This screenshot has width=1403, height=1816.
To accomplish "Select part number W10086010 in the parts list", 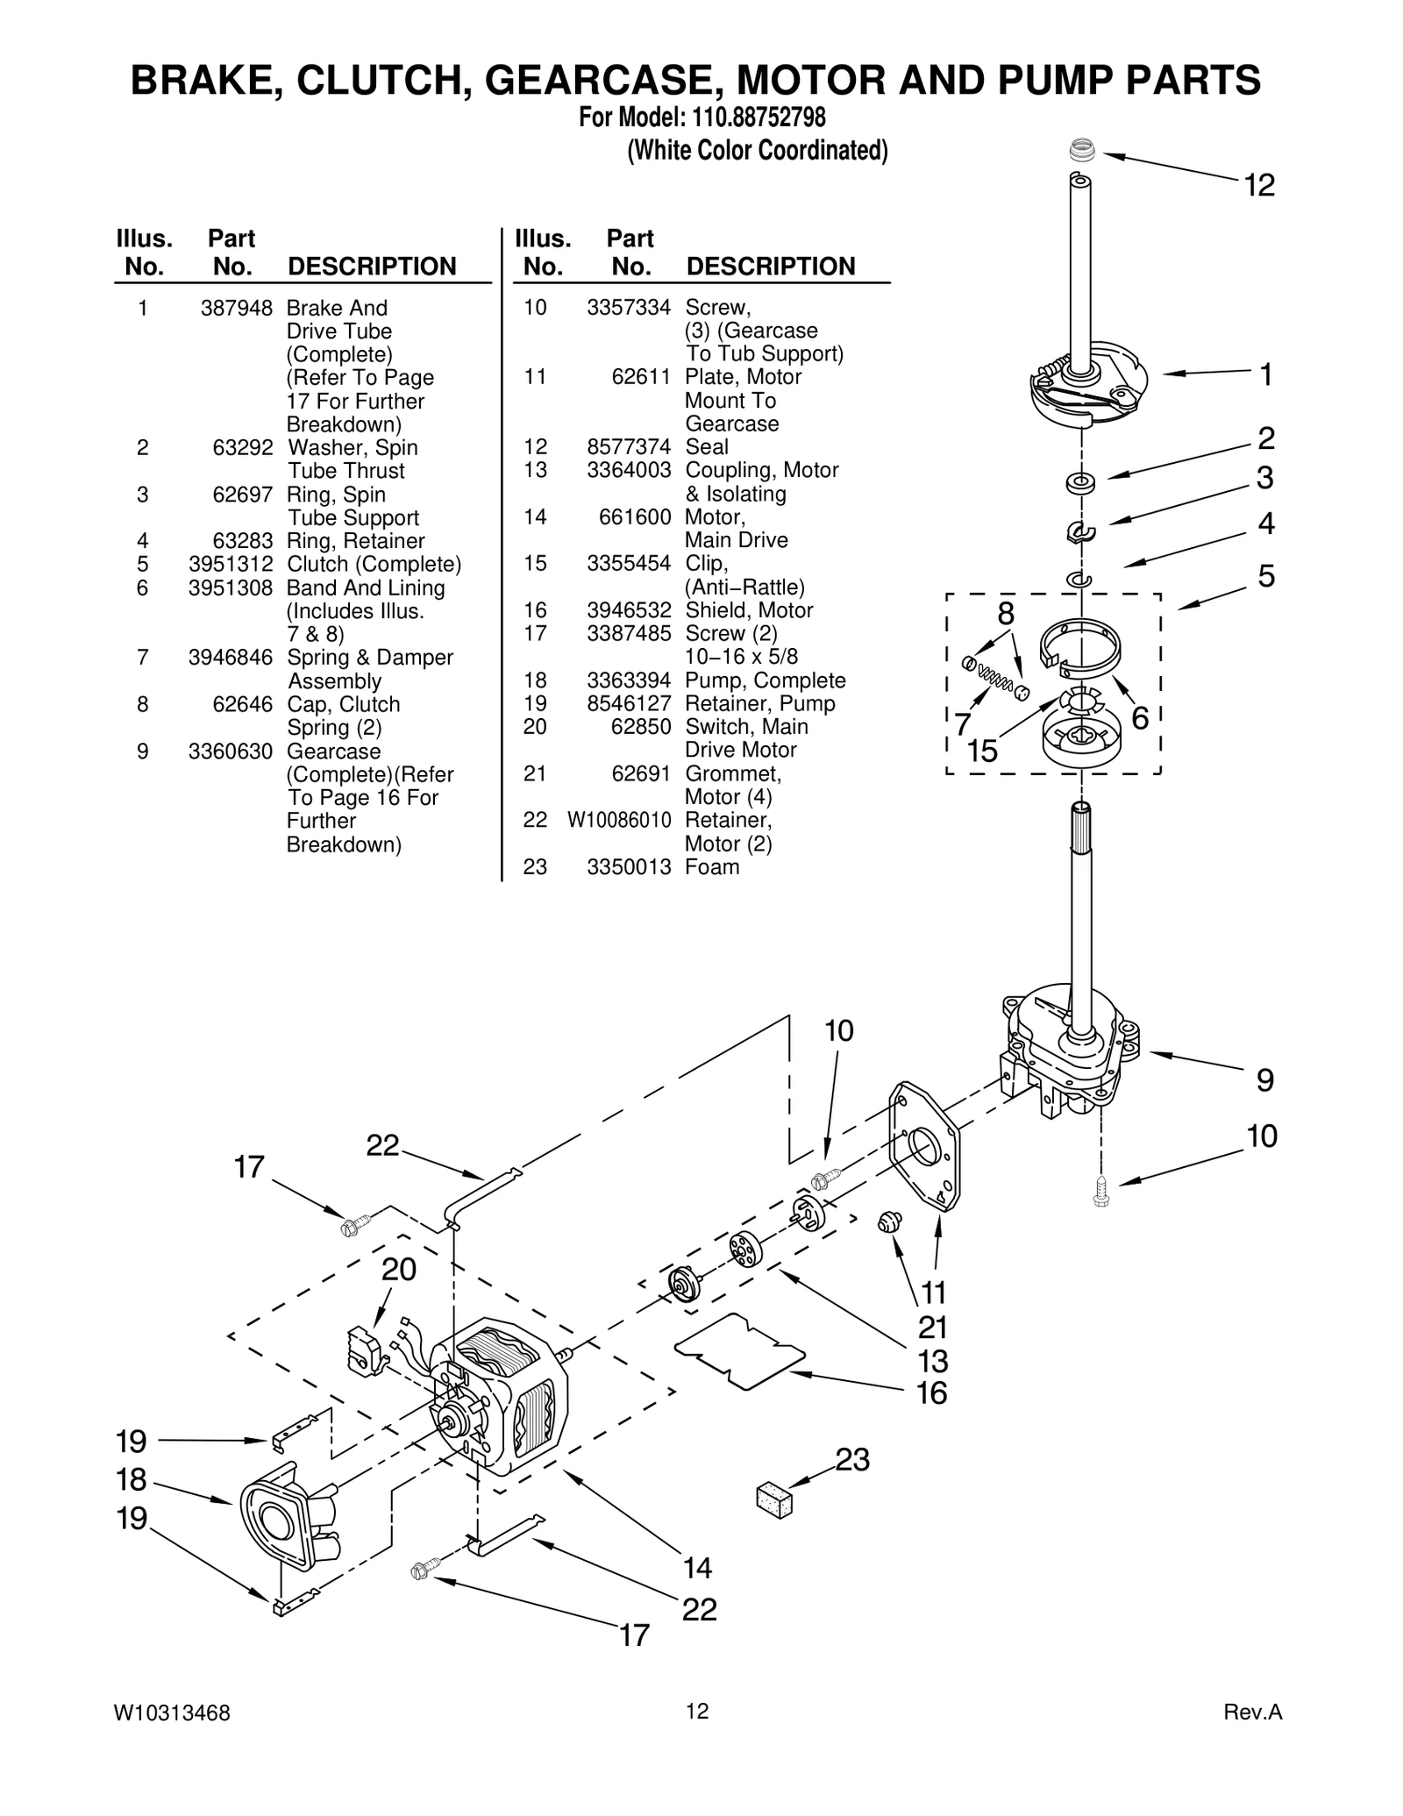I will tap(619, 820).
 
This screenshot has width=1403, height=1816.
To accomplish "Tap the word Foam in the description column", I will tap(711, 867).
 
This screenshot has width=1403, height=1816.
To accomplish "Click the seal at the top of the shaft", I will tap(1084, 150).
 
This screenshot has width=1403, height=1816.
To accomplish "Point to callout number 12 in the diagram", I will tap(1259, 186).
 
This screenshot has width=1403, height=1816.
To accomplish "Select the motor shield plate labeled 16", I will tap(738, 1351).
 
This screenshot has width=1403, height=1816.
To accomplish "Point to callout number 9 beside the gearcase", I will tap(1264, 1080).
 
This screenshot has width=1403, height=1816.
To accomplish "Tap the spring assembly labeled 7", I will tap(992, 675).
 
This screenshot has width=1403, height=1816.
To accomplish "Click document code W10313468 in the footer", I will tap(172, 1713).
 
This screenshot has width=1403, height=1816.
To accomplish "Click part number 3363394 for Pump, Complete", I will tap(629, 680).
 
